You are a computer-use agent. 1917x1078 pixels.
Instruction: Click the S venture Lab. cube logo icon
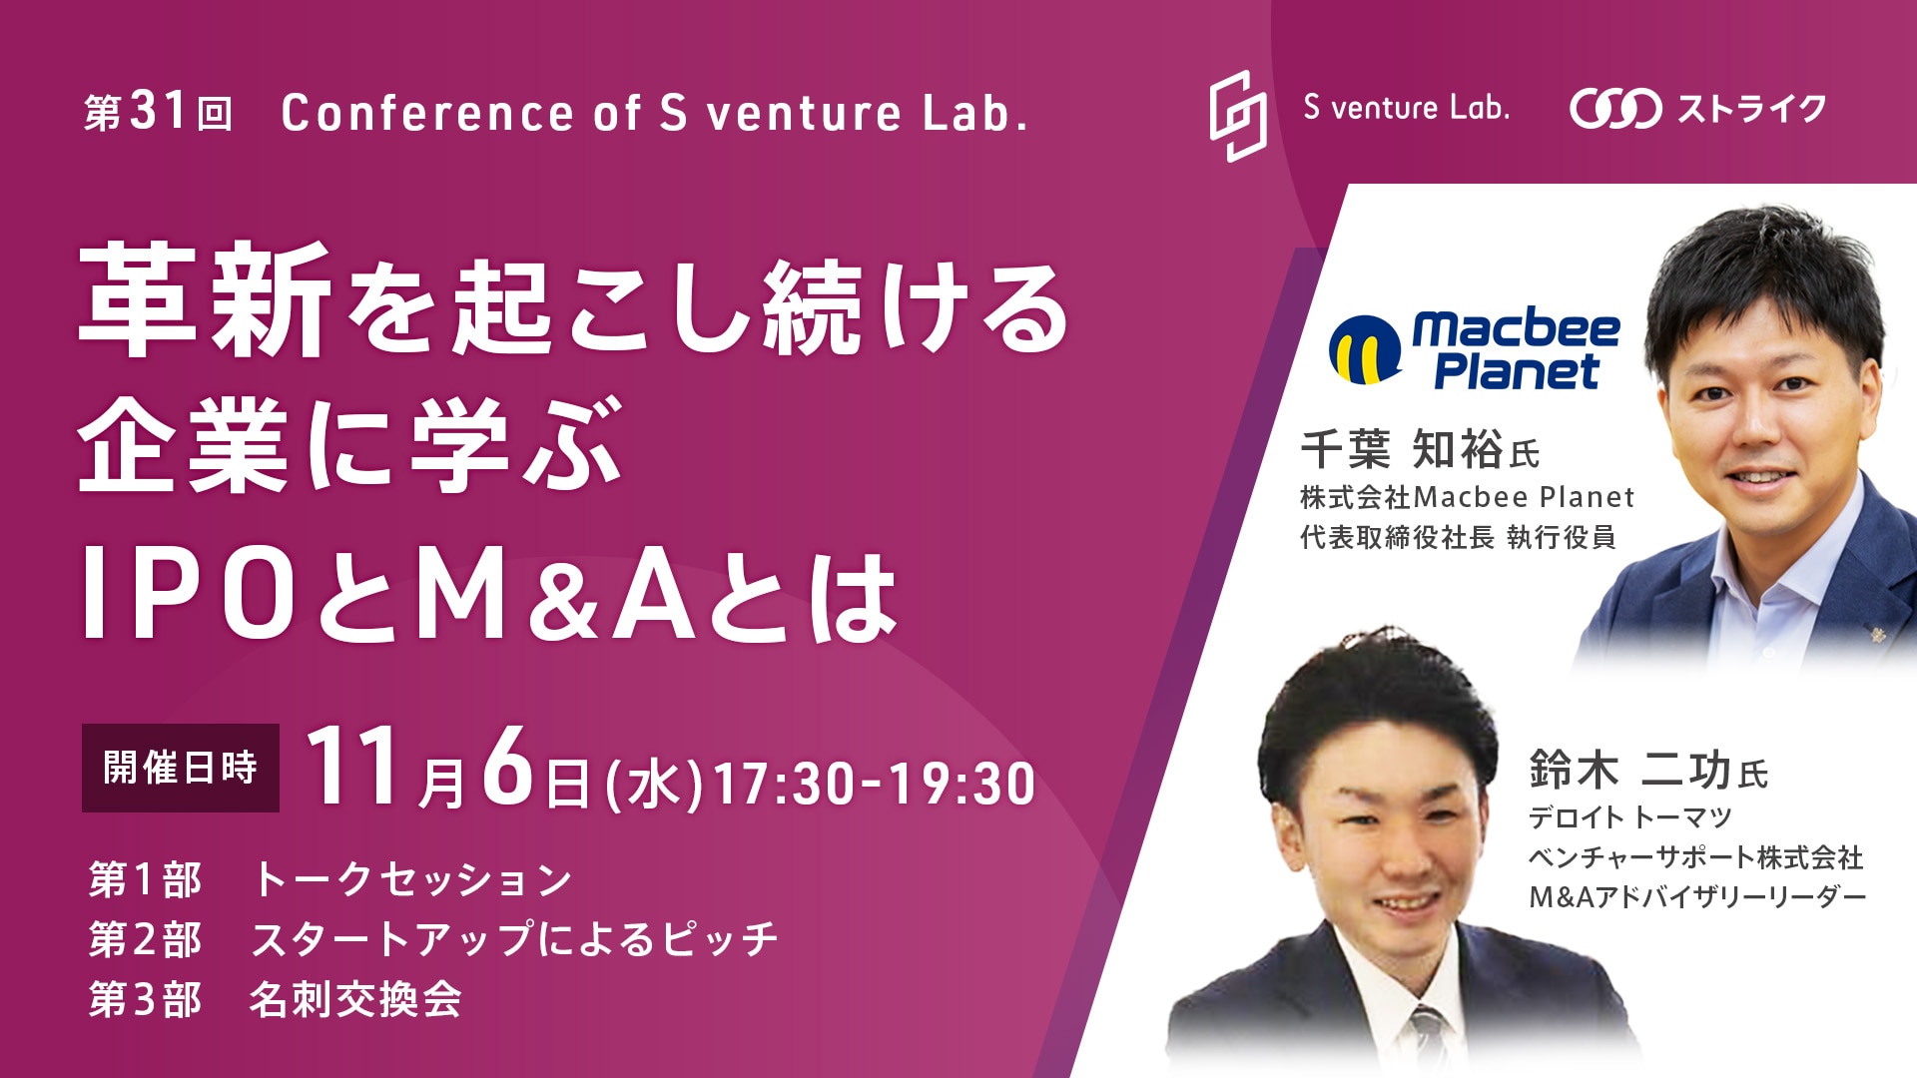click(1238, 115)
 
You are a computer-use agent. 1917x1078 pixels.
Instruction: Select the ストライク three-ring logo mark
click(1615, 109)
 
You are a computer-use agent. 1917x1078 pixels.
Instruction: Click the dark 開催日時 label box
click(181, 768)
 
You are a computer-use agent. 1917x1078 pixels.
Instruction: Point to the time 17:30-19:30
click(875, 785)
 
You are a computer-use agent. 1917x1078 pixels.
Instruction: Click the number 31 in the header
click(158, 111)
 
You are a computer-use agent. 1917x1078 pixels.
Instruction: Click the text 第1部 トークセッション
click(330, 879)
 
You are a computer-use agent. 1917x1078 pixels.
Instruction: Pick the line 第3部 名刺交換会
click(276, 999)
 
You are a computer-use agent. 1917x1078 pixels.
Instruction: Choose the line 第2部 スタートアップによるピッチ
click(433, 939)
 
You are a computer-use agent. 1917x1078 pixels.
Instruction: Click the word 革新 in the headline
click(206, 300)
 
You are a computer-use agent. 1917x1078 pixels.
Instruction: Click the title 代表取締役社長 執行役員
click(1458, 537)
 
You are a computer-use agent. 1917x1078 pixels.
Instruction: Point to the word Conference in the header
click(427, 112)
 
